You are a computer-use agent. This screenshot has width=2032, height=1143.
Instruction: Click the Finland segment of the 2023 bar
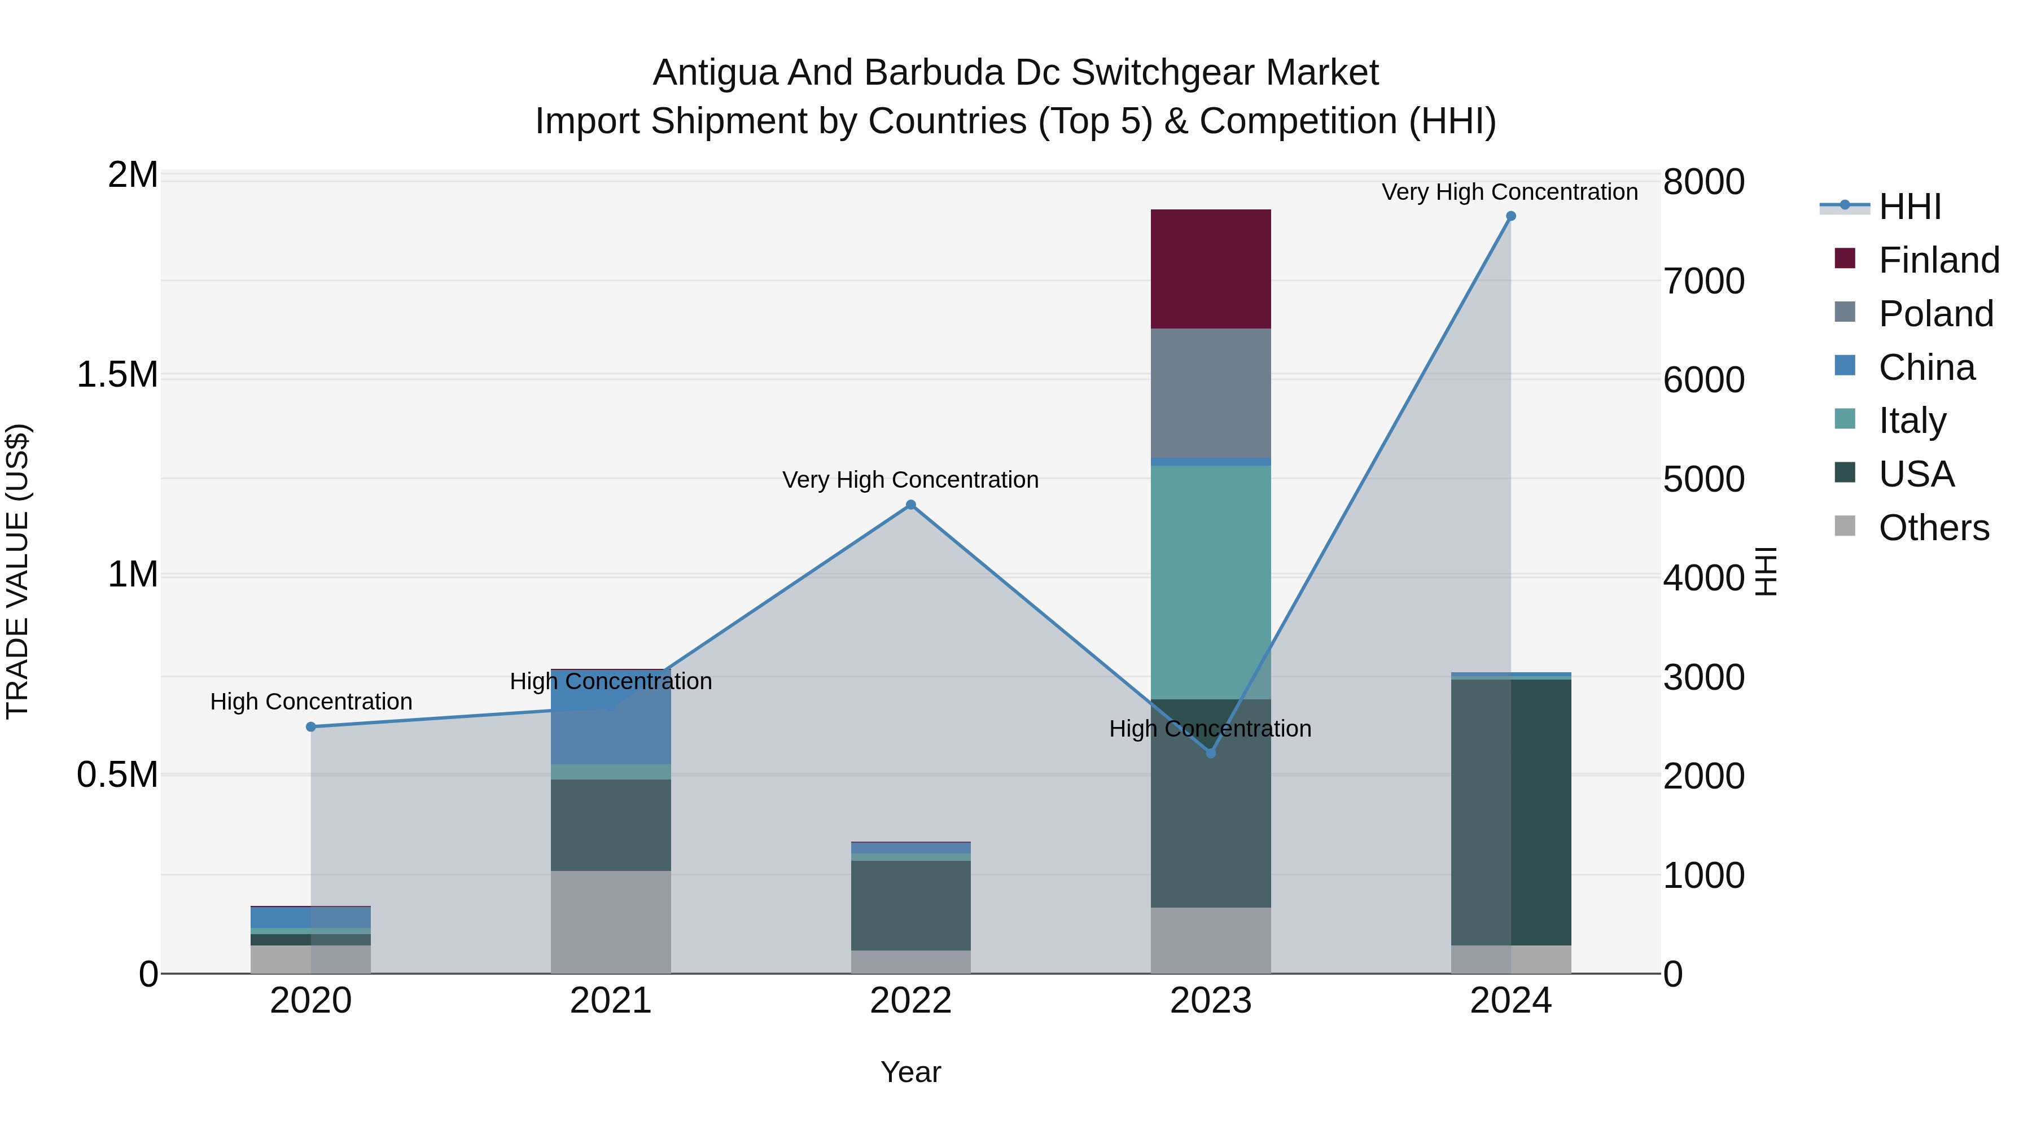[x=1210, y=269]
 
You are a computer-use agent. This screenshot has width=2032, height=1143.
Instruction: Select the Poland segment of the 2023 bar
[x=1210, y=393]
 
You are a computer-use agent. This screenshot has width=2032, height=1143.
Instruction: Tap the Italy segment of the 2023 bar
[x=1210, y=582]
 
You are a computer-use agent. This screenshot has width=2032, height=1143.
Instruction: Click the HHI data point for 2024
[x=1510, y=216]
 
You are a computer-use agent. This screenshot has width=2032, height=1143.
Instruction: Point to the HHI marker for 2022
[x=910, y=505]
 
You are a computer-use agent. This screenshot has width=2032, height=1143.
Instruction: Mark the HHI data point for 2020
[x=311, y=726]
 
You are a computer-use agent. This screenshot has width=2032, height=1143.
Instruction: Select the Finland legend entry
[x=1938, y=260]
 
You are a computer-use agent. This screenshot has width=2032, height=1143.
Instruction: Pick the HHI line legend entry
[x=1909, y=207]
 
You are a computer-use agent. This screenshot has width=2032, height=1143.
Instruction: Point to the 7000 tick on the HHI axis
[x=1704, y=282]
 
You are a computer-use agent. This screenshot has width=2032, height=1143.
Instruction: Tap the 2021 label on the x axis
[x=611, y=1001]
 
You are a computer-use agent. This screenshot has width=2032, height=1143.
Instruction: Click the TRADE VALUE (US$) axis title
[x=17, y=571]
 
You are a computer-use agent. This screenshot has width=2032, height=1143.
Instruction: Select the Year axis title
[x=910, y=1072]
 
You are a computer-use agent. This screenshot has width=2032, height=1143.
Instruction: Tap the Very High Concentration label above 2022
[x=910, y=480]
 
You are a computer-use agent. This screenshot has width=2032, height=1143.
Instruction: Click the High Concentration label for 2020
[x=311, y=701]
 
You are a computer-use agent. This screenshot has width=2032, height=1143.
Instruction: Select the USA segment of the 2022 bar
[x=910, y=905]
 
